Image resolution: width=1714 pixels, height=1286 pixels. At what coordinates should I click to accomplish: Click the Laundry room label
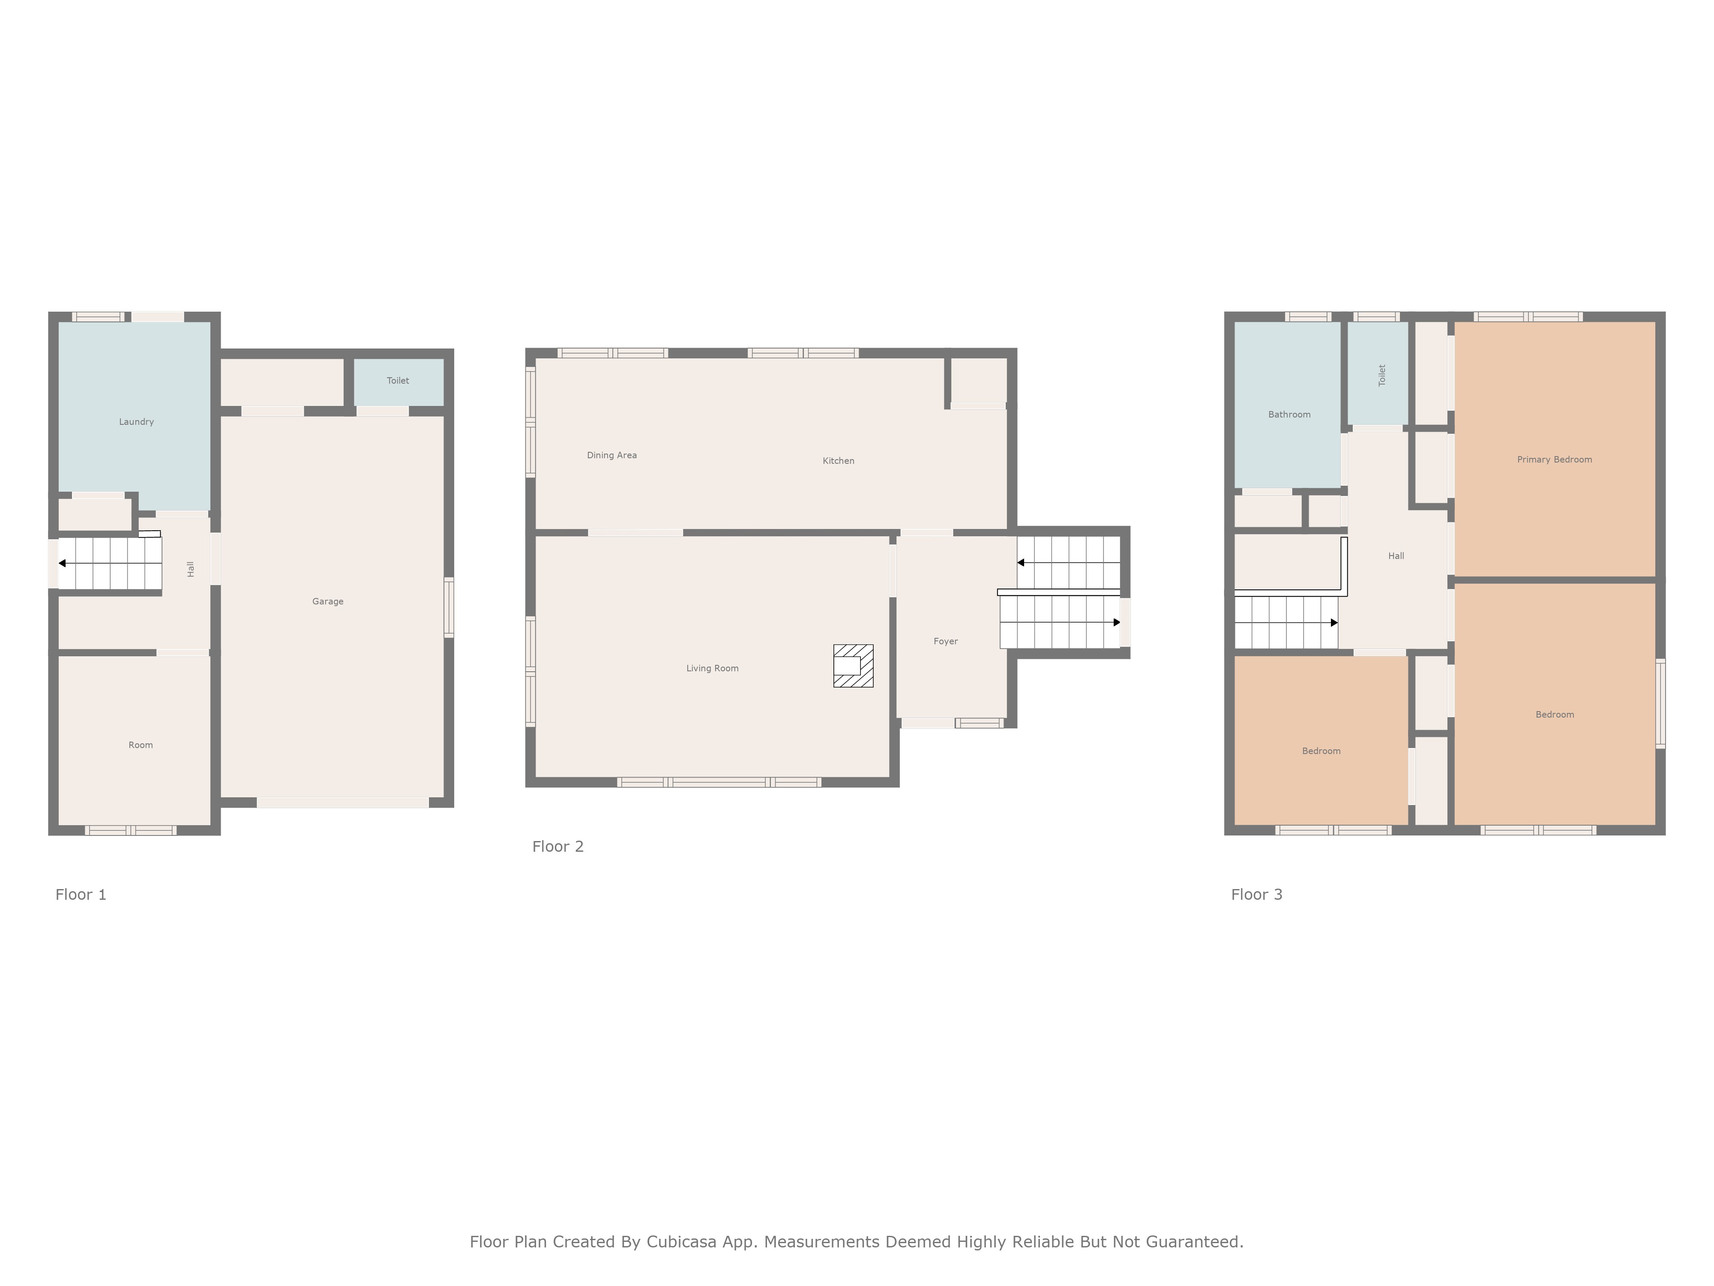[136, 422]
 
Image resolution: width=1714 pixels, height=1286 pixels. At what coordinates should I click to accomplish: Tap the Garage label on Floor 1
[328, 601]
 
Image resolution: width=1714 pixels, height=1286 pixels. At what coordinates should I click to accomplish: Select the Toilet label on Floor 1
[398, 381]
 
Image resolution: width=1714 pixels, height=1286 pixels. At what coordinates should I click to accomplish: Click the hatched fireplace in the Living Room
[853, 666]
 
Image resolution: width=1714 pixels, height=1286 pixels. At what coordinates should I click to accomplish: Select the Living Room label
[712, 668]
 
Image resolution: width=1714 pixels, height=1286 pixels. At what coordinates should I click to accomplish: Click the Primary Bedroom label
[1554, 460]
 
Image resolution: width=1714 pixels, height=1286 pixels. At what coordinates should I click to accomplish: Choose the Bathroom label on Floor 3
[1289, 415]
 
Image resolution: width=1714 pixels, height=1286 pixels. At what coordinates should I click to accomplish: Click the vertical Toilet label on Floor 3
[1381, 375]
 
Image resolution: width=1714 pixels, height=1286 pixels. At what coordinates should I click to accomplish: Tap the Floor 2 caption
[558, 847]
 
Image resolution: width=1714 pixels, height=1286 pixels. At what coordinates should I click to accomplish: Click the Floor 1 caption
[81, 895]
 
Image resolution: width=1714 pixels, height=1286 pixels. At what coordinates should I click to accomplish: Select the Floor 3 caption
[1257, 895]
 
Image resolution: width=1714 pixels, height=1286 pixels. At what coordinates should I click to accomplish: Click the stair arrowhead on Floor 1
[62, 564]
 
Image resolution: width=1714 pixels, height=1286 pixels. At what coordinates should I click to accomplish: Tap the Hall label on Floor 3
[1396, 556]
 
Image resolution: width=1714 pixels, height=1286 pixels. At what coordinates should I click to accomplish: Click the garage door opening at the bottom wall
[342, 803]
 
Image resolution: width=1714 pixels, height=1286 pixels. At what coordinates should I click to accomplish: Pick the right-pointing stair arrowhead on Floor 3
[1334, 622]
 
